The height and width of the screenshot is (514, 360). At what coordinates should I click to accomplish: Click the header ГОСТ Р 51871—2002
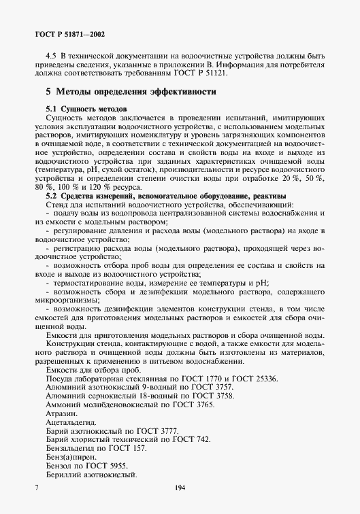point(70,33)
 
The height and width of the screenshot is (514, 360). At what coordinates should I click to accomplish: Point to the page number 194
point(180,488)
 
